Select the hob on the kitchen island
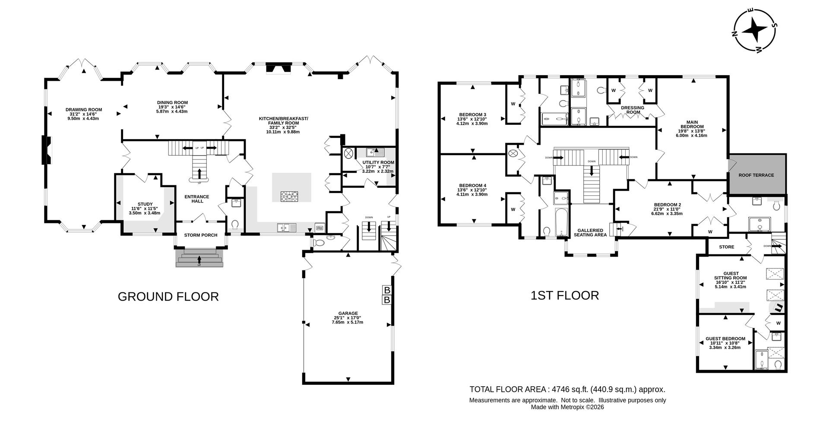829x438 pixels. click(x=289, y=197)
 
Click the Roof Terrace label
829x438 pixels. click(x=756, y=175)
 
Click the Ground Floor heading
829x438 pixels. click(x=168, y=297)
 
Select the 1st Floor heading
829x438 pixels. click(x=564, y=295)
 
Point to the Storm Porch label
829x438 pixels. click(x=200, y=235)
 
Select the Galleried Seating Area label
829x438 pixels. click(x=590, y=232)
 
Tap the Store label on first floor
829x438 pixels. click(x=726, y=247)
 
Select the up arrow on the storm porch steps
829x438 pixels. click(x=199, y=260)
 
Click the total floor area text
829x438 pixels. click(x=567, y=389)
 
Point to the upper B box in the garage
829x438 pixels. click(x=387, y=290)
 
